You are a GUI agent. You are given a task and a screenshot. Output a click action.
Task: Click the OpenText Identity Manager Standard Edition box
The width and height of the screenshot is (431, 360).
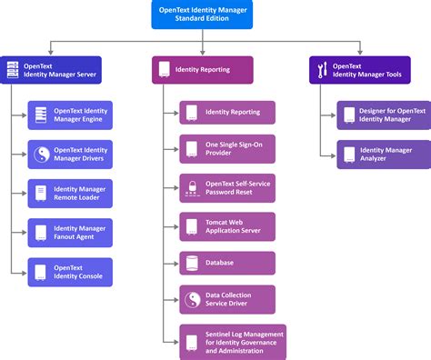215,15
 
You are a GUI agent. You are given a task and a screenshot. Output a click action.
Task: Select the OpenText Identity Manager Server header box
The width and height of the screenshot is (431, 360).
51,69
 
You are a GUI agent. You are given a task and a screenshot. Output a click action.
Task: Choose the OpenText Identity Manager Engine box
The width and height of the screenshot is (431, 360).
70,115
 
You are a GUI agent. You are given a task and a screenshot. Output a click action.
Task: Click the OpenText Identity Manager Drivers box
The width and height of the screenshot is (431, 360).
70,155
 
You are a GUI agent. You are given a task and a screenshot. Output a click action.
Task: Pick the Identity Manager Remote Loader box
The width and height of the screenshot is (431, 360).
70,194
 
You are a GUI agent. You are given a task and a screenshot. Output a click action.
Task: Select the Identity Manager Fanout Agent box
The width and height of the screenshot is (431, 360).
70,233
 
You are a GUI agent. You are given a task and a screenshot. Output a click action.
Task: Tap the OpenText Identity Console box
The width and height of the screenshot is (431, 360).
70,272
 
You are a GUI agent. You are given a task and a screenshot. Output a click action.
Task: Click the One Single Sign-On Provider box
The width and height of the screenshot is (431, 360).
226,150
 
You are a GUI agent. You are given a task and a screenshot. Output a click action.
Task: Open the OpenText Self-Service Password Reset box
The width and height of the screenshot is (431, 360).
226,188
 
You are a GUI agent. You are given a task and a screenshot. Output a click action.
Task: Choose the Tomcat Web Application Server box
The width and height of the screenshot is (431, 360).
226,225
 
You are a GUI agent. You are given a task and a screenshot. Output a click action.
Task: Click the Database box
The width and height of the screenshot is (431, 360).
226,263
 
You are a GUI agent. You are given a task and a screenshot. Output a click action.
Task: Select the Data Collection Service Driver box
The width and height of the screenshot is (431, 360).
226,300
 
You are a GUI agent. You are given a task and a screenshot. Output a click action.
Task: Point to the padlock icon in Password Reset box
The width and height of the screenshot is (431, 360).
192,188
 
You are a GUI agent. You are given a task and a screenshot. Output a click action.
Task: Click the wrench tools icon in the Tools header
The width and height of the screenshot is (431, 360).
321,69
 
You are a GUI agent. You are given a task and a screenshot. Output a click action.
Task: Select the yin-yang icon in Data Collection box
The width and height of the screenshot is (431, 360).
192,300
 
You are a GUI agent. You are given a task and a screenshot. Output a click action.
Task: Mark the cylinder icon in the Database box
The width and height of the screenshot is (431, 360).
192,263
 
